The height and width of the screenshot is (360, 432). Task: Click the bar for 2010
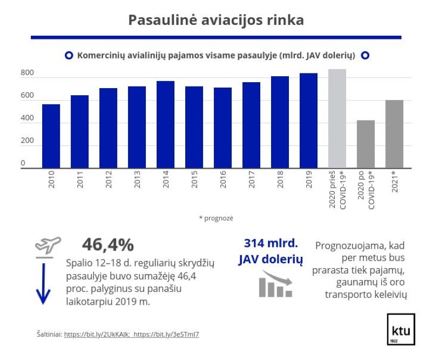point(51,136)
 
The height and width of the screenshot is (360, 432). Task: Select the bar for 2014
point(165,124)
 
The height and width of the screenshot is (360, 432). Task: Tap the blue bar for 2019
point(308,121)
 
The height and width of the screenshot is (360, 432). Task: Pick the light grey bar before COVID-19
point(337,118)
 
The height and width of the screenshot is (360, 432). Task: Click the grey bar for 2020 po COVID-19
point(366,144)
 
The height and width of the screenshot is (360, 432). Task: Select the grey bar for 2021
point(394,134)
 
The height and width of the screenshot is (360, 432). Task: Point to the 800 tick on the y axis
point(28,72)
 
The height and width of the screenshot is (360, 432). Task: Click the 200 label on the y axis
point(28,141)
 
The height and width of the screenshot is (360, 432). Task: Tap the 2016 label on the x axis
point(223,179)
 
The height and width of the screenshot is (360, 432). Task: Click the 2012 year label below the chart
point(109,179)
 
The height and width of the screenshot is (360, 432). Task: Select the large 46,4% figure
point(108,245)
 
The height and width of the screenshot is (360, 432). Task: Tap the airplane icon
point(48,245)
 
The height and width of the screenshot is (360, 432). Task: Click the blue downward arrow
point(43,284)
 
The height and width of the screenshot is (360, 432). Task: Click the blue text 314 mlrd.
point(271,243)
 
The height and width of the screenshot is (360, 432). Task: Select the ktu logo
point(401,329)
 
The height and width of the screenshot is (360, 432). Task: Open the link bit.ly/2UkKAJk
point(97,335)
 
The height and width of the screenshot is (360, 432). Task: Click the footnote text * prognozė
point(216,218)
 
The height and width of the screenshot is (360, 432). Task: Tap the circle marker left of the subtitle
point(69,56)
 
